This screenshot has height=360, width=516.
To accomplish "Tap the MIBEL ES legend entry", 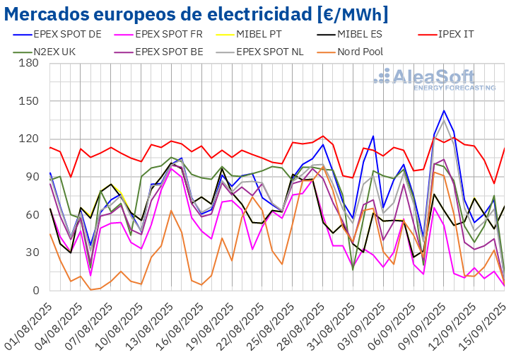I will coord(370,33).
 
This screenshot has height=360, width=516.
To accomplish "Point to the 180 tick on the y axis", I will coord(28,63).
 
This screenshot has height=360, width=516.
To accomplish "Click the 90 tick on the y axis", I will coord(31,177).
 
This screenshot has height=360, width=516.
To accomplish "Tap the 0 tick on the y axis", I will coord(35,291).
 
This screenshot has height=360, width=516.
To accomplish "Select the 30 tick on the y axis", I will coord(31,252).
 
